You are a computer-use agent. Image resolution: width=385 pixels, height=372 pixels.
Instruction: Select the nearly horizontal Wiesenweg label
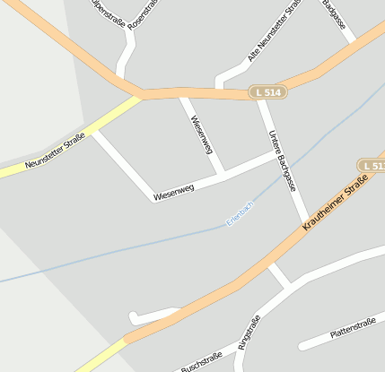174,192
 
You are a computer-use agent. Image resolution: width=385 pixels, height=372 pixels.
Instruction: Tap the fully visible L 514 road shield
267,92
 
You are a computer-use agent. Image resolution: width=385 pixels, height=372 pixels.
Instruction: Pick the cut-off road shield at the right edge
372,167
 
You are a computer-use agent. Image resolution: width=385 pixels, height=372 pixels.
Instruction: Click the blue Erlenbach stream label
241,212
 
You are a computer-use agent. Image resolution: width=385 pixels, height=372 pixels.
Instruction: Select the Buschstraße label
201,362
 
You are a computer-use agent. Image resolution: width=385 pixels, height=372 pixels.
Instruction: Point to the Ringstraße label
249,333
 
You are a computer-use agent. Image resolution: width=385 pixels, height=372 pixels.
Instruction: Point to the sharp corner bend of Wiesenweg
153,200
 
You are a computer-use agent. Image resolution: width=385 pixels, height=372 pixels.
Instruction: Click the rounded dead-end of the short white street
134,316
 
